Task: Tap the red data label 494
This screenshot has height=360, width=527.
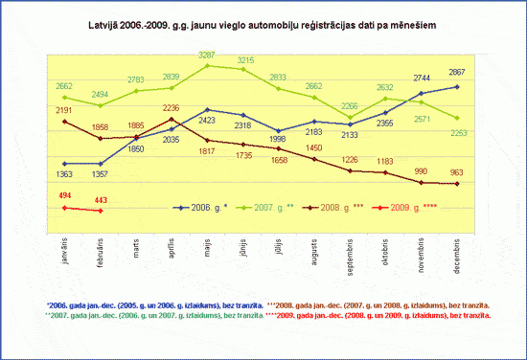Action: [65, 195]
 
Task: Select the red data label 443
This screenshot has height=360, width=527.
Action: [101, 199]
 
